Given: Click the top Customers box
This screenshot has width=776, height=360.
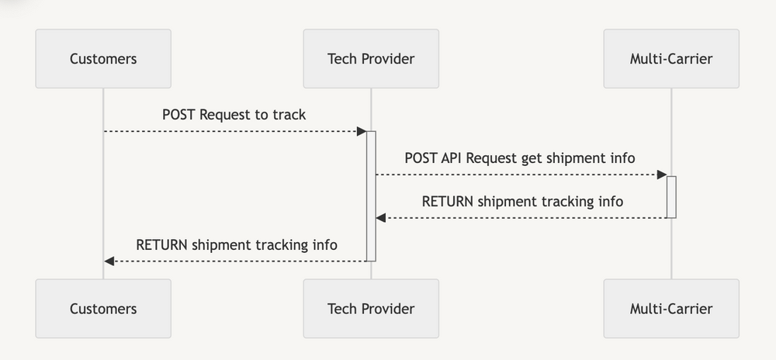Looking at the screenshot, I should (x=103, y=58).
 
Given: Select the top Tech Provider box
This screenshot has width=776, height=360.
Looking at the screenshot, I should (x=371, y=58).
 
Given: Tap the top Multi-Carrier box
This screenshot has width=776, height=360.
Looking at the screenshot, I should (x=671, y=58).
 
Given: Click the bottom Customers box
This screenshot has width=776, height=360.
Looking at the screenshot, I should (x=103, y=308).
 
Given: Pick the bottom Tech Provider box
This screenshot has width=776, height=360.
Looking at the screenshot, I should (x=371, y=308).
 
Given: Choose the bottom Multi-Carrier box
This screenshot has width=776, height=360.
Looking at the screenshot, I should (x=671, y=308).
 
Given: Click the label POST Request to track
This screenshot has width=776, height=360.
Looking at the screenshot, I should (x=234, y=115).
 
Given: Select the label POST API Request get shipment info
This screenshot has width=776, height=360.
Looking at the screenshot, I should (x=520, y=158).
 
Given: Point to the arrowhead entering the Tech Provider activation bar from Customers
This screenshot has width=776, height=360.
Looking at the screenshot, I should (x=361, y=131).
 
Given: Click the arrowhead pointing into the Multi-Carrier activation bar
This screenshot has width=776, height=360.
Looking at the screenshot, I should (x=661, y=175).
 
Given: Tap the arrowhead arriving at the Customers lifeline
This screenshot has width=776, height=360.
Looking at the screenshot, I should (x=109, y=261).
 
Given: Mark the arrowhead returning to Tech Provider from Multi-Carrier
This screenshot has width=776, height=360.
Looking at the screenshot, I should (x=381, y=218).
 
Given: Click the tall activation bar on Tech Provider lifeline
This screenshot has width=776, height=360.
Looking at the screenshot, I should (x=371, y=196).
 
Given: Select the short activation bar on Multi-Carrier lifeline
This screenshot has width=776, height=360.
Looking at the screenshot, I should (x=671, y=196).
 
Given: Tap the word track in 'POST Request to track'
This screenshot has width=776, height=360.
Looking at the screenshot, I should (x=289, y=115).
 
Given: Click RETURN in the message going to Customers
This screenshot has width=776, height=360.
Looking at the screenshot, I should (x=162, y=245).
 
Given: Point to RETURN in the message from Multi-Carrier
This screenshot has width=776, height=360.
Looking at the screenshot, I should (x=448, y=202).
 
